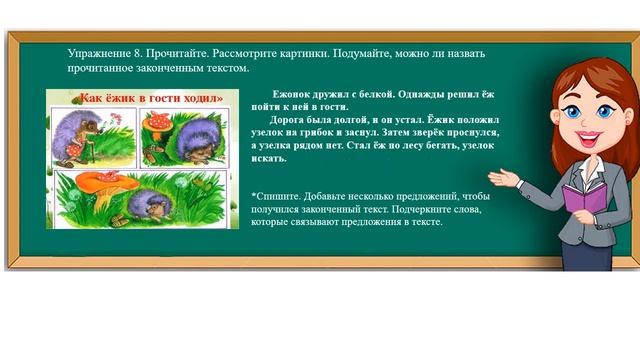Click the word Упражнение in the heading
pyautogui.click(x=99, y=51)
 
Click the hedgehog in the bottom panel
pyautogui.click(x=150, y=204)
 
